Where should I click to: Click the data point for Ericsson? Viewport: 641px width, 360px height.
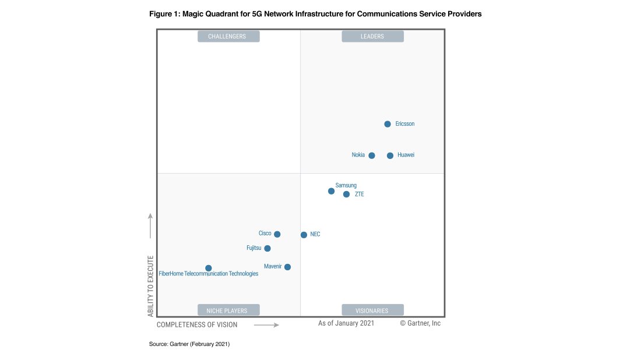[388, 124]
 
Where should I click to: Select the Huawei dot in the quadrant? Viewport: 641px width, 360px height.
[390, 156]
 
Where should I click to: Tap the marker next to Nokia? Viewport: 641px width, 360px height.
[372, 156]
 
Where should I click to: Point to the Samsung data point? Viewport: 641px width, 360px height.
[332, 191]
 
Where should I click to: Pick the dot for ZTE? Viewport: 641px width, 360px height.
[346, 194]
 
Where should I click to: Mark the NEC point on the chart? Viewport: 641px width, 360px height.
[304, 235]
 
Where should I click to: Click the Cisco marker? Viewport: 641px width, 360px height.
[277, 234]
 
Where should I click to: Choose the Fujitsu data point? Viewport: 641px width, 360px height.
[267, 248]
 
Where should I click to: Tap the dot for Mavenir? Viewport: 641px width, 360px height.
[287, 267]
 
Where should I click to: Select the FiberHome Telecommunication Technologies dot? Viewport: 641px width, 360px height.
[209, 268]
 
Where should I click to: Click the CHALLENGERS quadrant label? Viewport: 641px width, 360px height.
[228, 37]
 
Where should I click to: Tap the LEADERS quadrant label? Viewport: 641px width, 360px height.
[372, 37]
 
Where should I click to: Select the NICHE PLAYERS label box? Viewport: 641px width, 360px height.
[228, 310]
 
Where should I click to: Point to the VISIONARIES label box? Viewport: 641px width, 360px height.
[372, 310]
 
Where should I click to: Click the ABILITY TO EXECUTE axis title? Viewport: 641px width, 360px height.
[150, 285]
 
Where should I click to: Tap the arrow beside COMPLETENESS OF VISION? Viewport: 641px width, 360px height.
[266, 324]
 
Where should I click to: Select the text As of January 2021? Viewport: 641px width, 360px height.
[346, 323]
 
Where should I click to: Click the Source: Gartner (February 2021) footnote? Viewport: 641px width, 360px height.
[189, 345]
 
